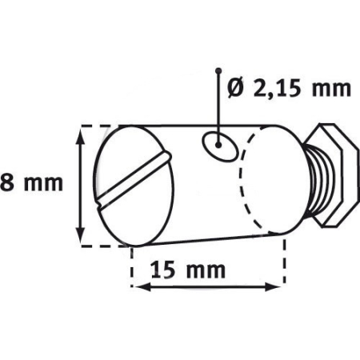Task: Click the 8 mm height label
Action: pos(32,183)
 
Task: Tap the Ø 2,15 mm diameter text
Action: pos(289,89)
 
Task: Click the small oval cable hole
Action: pos(216,144)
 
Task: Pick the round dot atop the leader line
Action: pos(216,73)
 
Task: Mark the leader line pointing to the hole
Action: pos(216,104)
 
